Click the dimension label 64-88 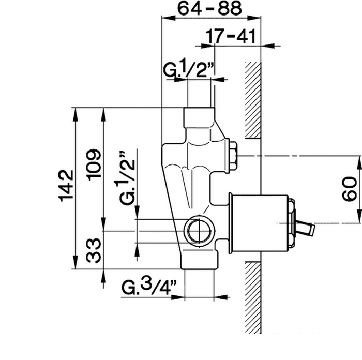(x=210, y=8)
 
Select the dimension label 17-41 (x=231, y=36)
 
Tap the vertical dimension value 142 (x=66, y=186)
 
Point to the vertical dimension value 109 (x=93, y=165)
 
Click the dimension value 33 (x=94, y=250)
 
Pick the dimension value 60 (x=349, y=189)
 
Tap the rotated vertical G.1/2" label (x=127, y=178)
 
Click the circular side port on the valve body (x=200, y=231)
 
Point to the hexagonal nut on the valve (x=233, y=156)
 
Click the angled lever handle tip (x=312, y=230)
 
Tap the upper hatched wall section (x=253, y=100)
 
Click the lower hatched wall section (x=253, y=297)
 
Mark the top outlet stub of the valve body (x=199, y=118)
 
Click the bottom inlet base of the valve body (x=200, y=259)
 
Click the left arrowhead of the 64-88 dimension (x=169, y=18)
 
